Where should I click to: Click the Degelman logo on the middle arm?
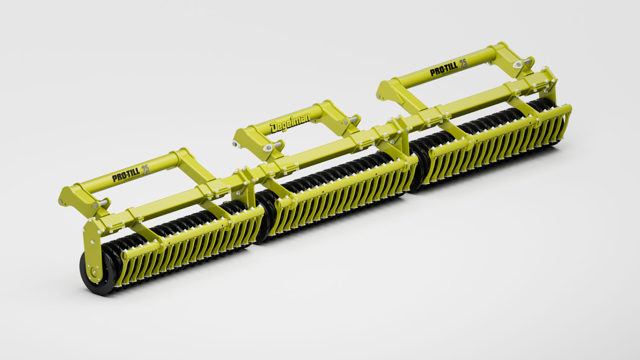(x=290, y=123)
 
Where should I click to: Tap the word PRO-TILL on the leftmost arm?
(x=126, y=174)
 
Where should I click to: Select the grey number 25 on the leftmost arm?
(x=145, y=169)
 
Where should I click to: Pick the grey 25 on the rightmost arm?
(x=463, y=64)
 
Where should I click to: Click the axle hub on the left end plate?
(x=93, y=271)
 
